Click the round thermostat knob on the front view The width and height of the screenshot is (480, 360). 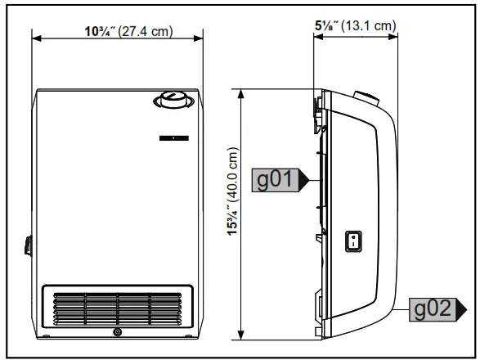[172, 102]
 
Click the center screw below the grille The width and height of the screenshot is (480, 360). [118, 333]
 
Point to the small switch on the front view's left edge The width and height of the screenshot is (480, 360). [27, 245]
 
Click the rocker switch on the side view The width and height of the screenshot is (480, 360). [352, 241]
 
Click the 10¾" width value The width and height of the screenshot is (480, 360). [101, 31]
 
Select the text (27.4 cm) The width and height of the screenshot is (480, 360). [146, 31]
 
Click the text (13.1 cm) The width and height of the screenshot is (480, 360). [369, 25]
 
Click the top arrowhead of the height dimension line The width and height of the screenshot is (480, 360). [240, 92]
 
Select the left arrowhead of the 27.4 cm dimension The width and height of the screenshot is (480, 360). [36, 37]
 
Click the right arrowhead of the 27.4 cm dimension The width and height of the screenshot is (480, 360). [200, 37]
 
